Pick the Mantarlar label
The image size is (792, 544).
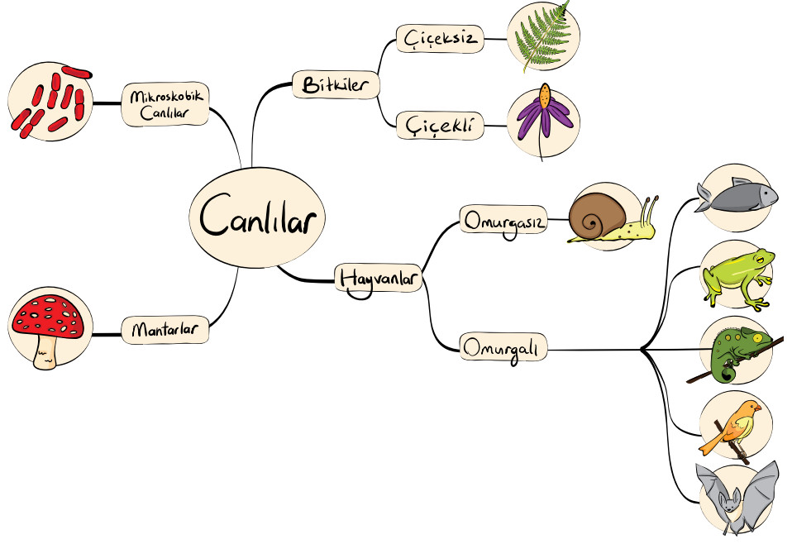[x=165, y=331]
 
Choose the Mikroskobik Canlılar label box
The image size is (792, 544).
[x=165, y=104]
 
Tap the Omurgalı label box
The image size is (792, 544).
[x=502, y=348]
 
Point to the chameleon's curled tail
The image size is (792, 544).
[x=727, y=373]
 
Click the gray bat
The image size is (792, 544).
[x=736, y=497]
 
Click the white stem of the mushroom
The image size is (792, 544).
[x=45, y=352]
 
